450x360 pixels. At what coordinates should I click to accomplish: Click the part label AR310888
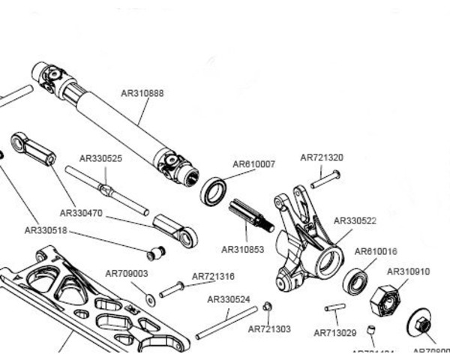(142, 94)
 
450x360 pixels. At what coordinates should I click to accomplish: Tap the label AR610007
(253, 163)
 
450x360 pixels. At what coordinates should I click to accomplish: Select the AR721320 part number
(322, 157)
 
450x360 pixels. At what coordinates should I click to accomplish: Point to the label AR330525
(100, 158)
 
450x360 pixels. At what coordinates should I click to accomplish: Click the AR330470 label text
(81, 213)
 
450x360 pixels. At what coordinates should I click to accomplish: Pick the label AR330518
(46, 230)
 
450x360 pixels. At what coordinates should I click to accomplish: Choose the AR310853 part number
(243, 249)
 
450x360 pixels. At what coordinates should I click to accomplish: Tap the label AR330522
(355, 220)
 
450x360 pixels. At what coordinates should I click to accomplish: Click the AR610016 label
(376, 251)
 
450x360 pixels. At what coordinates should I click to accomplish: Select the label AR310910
(408, 271)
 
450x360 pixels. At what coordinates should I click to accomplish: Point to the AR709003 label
(126, 274)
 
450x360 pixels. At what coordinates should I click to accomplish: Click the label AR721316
(213, 276)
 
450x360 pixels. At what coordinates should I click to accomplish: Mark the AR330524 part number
(229, 298)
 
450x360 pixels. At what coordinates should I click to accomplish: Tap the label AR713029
(335, 332)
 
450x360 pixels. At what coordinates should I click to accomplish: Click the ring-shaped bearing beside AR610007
(213, 191)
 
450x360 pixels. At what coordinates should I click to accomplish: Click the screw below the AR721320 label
(324, 179)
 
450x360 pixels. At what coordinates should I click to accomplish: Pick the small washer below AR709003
(151, 300)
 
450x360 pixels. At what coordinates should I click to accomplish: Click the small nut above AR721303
(267, 306)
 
